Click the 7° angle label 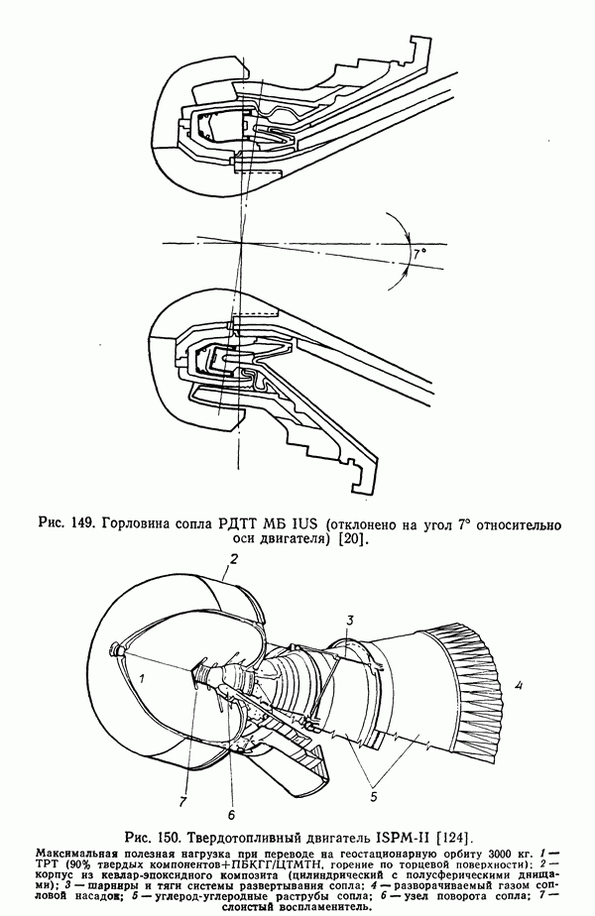pyautogui.click(x=419, y=255)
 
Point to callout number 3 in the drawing pyautogui.click(x=349, y=620)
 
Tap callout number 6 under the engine pyautogui.click(x=231, y=814)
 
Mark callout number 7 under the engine pyautogui.click(x=182, y=801)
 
